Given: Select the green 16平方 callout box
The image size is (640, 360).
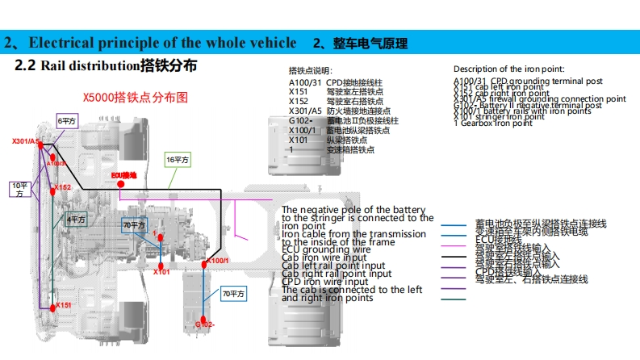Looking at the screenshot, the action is coord(178,160).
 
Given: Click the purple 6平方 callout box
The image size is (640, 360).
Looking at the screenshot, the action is coord(67,120).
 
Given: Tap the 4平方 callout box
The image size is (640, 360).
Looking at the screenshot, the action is coord(76,219).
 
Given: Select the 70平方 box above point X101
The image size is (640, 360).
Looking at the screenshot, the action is coord(134,224).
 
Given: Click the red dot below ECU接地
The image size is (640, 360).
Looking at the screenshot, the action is coord(121,184).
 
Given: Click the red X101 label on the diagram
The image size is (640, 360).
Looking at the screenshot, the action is coord(161,272).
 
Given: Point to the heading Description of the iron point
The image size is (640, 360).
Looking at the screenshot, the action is coord(508,69).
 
